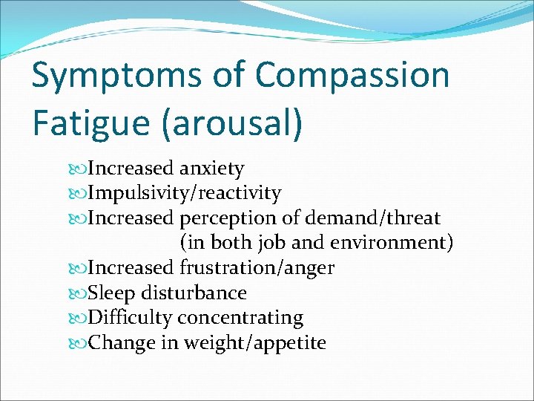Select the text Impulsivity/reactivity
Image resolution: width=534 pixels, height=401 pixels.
(184, 194)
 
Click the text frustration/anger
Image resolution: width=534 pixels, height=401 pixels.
(257, 267)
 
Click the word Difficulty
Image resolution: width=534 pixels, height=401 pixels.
(130, 318)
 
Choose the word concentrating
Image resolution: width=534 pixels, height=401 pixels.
(240, 318)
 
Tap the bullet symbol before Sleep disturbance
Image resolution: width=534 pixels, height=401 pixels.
(80, 293)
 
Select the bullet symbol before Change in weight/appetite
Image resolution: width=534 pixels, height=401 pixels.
(80, 343)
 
